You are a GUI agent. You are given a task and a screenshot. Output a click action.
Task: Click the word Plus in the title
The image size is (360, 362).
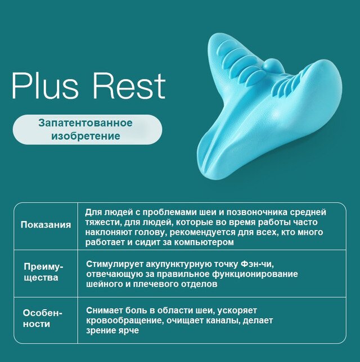(x=46, y=86)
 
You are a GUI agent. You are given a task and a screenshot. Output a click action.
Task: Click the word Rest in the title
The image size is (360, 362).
(x=129, y=86)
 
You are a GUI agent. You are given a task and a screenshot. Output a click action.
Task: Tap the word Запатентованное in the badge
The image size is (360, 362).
(x=85, y=123)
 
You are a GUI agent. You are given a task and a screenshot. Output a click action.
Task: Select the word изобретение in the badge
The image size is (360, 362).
(x=85, y=136)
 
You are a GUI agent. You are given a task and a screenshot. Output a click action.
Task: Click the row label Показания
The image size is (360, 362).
(x=46, y=225)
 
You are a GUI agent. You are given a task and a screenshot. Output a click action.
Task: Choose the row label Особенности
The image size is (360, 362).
(x=43, y=319)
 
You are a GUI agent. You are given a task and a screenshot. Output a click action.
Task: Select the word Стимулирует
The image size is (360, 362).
(x=115, y=265)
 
